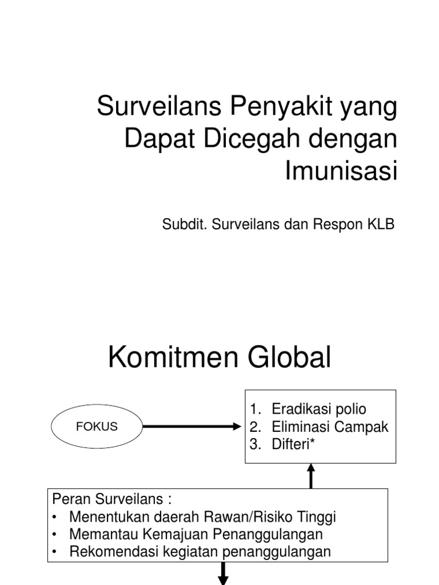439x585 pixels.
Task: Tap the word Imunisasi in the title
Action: pos(341,171)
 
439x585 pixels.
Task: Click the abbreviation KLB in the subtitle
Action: pos(380,224)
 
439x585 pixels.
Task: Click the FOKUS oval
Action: pos(96,426)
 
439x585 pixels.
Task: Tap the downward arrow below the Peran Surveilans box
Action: pos(223,573)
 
